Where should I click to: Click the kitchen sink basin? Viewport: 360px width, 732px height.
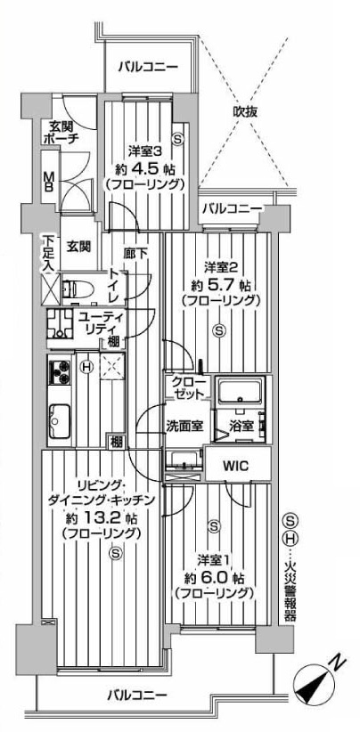60,421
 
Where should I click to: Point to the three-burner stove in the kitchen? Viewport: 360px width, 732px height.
60,372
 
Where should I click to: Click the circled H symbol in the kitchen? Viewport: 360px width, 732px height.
86,368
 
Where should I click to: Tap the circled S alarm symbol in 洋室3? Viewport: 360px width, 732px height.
177,138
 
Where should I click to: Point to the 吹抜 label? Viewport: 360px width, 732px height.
245,112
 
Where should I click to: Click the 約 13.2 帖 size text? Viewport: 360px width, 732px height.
102,517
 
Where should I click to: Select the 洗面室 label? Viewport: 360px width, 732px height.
185,426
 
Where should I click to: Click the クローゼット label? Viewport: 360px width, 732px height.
188,387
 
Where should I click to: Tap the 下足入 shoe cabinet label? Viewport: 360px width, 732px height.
48,253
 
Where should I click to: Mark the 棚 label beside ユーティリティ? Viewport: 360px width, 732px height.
113,341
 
